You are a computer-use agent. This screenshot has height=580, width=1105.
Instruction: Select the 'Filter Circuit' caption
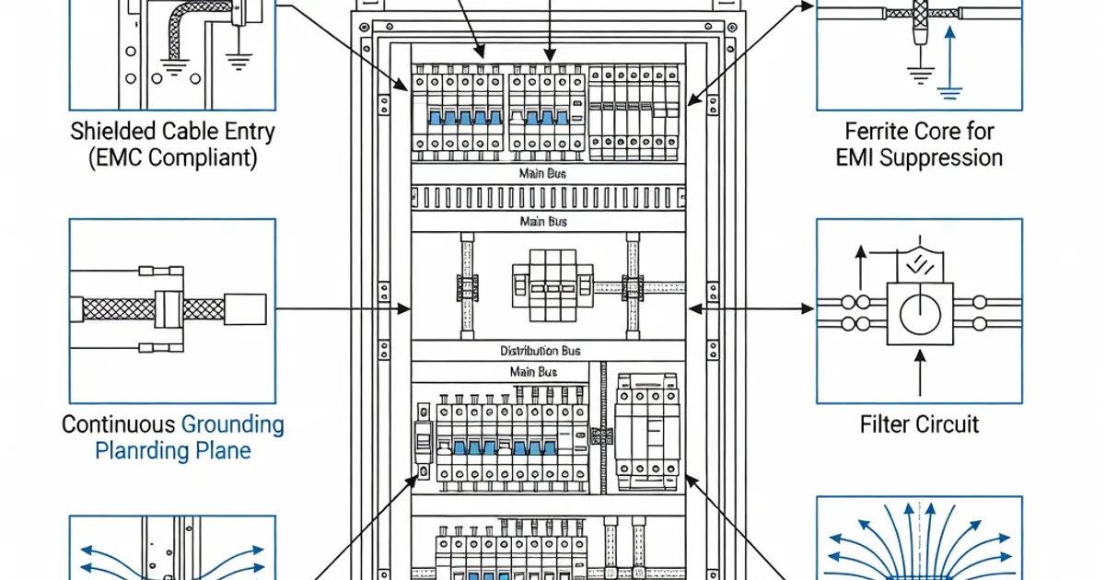click(x=919, y=424)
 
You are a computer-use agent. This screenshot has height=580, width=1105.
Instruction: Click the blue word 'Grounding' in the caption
click(x=233, y=424)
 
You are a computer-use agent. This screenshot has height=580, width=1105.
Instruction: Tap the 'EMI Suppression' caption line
click(x=919, y=157)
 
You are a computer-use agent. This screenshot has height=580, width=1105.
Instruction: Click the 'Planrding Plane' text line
click(x=173, y=451)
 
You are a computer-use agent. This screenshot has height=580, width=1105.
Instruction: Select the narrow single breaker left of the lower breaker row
click(x=424, y=440)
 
